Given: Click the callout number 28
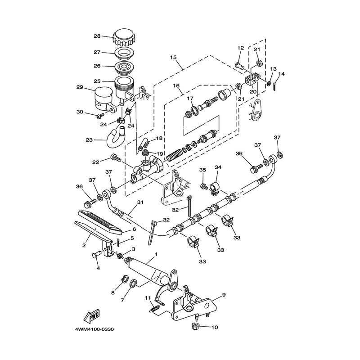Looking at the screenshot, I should point(97,37).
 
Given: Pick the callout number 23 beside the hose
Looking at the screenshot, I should point(89,140).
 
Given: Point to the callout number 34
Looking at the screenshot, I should point(218,167).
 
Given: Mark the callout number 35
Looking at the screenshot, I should point(202,170).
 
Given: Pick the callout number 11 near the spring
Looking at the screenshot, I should point(147,297).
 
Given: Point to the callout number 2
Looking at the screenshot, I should point(84,245).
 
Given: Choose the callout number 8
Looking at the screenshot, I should point(113,292).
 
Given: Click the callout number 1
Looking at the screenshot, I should point(156,255).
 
